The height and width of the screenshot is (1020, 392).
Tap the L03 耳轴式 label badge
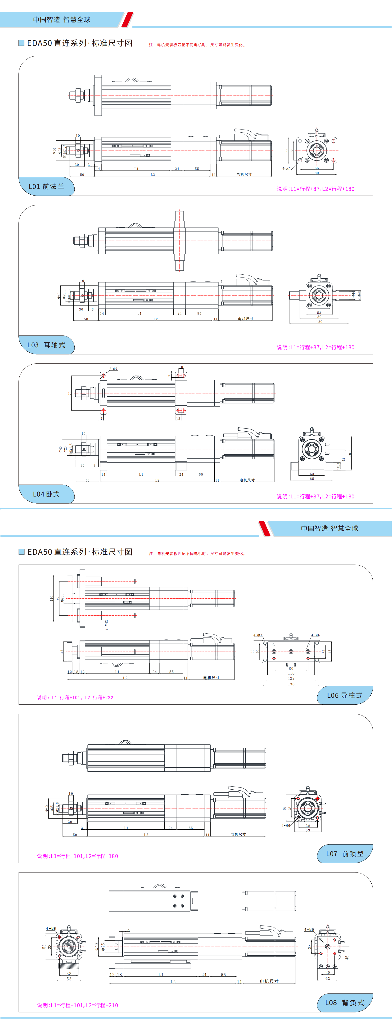(x=46, y=345)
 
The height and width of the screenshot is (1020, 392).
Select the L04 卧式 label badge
(x=46, y=494)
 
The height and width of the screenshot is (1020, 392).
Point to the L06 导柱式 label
(x=344, y=695)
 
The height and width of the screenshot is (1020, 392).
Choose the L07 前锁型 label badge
(x=344, y=854)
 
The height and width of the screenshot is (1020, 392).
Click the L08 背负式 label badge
(x=344, y=1002)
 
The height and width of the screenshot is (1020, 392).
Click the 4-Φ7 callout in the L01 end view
(x=286, y=169)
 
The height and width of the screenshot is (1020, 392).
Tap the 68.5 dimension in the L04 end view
(x=350, y=453)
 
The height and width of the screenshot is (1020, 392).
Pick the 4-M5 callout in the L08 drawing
(x=309, y=930)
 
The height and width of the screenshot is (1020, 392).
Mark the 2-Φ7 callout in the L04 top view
(x=113, y=369)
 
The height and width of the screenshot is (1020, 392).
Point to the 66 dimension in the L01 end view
(x=317, y=168)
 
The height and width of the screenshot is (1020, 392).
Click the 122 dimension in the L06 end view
(x=291, y=679)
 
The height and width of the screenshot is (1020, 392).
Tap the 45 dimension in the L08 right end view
(x=347, y=957)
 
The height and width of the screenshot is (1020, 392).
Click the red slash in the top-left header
(x=127, y=19)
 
